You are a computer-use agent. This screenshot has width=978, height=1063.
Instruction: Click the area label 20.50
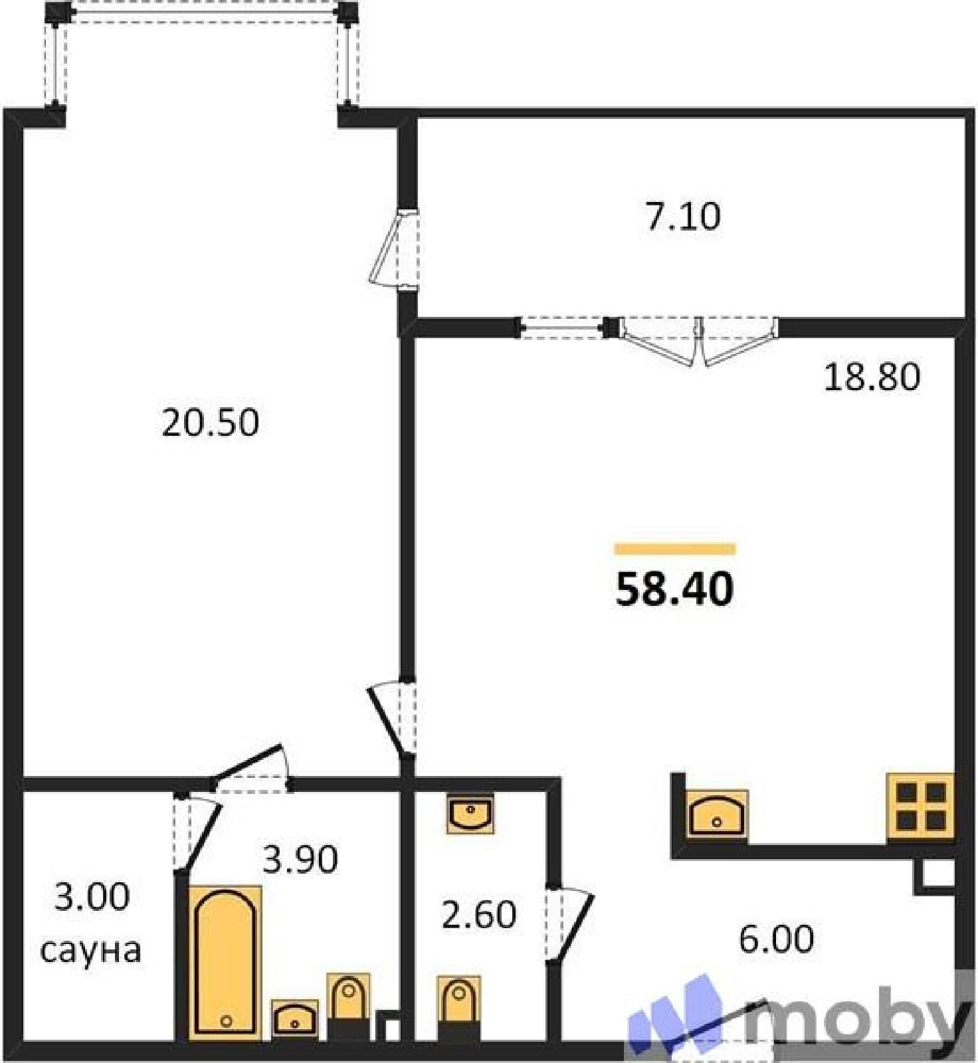210,423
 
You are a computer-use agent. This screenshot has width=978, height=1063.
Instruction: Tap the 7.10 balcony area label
683,217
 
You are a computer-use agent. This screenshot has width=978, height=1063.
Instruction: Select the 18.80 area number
872,377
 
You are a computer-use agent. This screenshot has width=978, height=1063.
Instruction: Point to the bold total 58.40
674,589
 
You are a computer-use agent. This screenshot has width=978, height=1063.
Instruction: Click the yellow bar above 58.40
675,549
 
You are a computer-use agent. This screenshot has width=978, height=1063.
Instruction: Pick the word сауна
91,951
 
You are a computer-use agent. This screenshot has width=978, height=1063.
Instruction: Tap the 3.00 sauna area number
92,898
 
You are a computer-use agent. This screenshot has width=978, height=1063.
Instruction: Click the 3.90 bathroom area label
300,860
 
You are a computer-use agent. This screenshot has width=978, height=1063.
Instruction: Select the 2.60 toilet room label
479,915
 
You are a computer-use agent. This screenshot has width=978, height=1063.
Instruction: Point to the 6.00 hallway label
776,939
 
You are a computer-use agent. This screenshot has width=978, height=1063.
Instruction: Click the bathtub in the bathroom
225,962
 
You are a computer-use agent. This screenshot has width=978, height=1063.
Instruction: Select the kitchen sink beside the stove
716,813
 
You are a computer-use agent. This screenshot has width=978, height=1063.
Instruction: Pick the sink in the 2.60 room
470,813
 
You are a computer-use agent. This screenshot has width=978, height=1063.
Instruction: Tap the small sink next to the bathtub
295,1018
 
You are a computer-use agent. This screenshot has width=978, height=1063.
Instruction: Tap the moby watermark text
857,1018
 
